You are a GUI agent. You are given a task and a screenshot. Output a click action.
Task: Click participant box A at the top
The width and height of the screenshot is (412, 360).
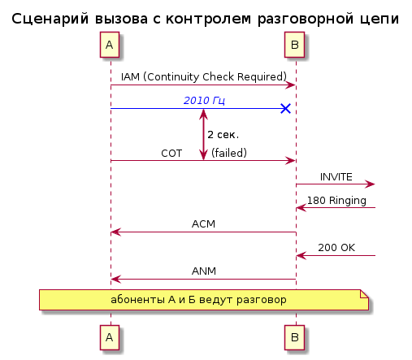110,45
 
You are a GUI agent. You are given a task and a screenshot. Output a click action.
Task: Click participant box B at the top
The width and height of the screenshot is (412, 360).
294,45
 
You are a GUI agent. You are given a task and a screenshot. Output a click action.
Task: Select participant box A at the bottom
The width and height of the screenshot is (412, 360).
110,337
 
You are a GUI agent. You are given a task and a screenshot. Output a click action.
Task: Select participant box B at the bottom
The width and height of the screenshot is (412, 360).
294,337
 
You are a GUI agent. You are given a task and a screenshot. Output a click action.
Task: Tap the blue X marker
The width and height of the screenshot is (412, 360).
285,108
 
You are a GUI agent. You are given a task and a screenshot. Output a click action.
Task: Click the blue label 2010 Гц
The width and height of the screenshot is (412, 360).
204,101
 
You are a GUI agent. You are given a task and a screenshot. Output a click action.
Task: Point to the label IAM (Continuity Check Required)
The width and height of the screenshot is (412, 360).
204,76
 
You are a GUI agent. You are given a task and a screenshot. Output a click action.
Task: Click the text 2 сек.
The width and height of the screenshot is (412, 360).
223,135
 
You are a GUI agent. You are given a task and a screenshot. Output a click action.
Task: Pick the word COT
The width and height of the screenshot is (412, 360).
171,154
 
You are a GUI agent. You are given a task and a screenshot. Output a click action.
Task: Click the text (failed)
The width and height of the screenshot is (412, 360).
229,153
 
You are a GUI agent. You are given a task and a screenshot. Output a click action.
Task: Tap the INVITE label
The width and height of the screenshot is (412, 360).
336,177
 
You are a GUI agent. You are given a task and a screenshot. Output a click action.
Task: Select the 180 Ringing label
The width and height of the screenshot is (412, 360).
336,201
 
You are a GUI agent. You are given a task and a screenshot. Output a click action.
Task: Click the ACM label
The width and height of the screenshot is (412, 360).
203,224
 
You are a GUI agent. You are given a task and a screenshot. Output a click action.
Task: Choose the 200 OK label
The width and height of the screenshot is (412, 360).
336,248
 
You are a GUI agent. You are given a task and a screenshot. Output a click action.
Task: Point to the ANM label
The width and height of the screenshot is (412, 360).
204,271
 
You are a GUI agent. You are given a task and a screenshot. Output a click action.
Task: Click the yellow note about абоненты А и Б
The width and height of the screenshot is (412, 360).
204,300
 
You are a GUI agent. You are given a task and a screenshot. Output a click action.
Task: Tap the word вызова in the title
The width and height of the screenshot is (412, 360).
121,19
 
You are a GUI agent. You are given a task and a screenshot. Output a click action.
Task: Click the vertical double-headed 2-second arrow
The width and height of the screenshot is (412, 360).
203,135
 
